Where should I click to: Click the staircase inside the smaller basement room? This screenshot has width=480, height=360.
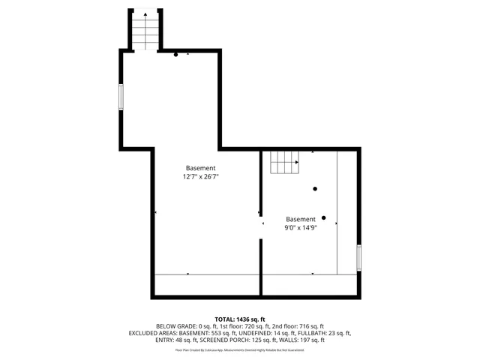[x=284, y=160]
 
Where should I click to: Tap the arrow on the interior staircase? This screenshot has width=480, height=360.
[x=297, y=161]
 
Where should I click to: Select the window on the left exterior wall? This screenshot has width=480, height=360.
[x=120, y=98]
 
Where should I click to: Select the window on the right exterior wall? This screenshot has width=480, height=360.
[x=359, y=257]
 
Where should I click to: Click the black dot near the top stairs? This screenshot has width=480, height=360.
[x=175, y=54]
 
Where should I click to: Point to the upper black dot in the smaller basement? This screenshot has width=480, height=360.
[x=315, y=188]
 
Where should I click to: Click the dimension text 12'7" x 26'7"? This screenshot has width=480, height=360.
[x=200, y=177]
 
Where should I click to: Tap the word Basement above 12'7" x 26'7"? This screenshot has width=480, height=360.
[x=201, y=168]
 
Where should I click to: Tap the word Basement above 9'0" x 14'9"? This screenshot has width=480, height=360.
[x=300, y=219]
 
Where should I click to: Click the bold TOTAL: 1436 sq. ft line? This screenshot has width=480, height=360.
[x=240, y=319]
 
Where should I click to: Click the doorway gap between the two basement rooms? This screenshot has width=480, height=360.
[x=261, y=223]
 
